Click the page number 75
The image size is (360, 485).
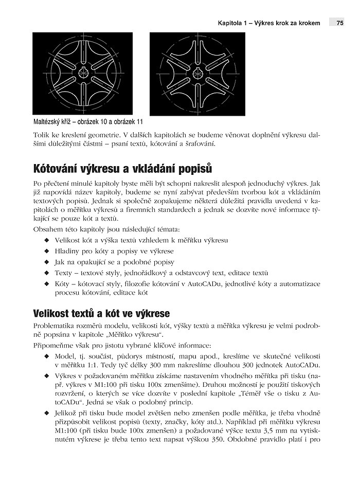(x=340, y=23)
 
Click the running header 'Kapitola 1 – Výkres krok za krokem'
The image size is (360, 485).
(x=269, y=23)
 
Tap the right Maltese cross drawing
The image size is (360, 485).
(x=197, y=74)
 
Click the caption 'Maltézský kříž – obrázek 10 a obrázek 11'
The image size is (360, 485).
(x=87, y=122)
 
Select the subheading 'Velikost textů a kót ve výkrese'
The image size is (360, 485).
(x=101, y=313)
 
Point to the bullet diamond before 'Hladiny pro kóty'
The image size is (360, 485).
(x=47, y=252)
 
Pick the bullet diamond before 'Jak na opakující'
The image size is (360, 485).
(x=47, y=262)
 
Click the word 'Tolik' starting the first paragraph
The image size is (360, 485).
(x=41, y=134)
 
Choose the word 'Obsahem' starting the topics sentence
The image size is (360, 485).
(x=46, y=228)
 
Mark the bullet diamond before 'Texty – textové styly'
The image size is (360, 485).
(x=47, y=273)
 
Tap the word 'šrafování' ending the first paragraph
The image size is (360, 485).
(x=200, y=143)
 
